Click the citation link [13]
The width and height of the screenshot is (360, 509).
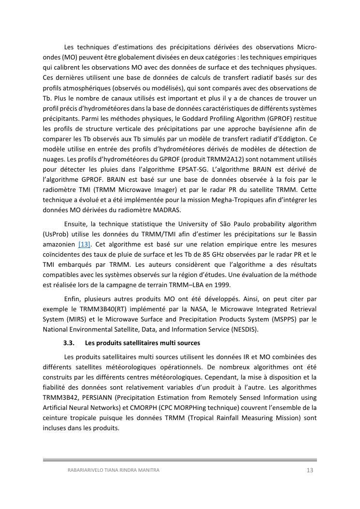tap(84, 244)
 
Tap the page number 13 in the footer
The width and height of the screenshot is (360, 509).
tap(310, 470)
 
